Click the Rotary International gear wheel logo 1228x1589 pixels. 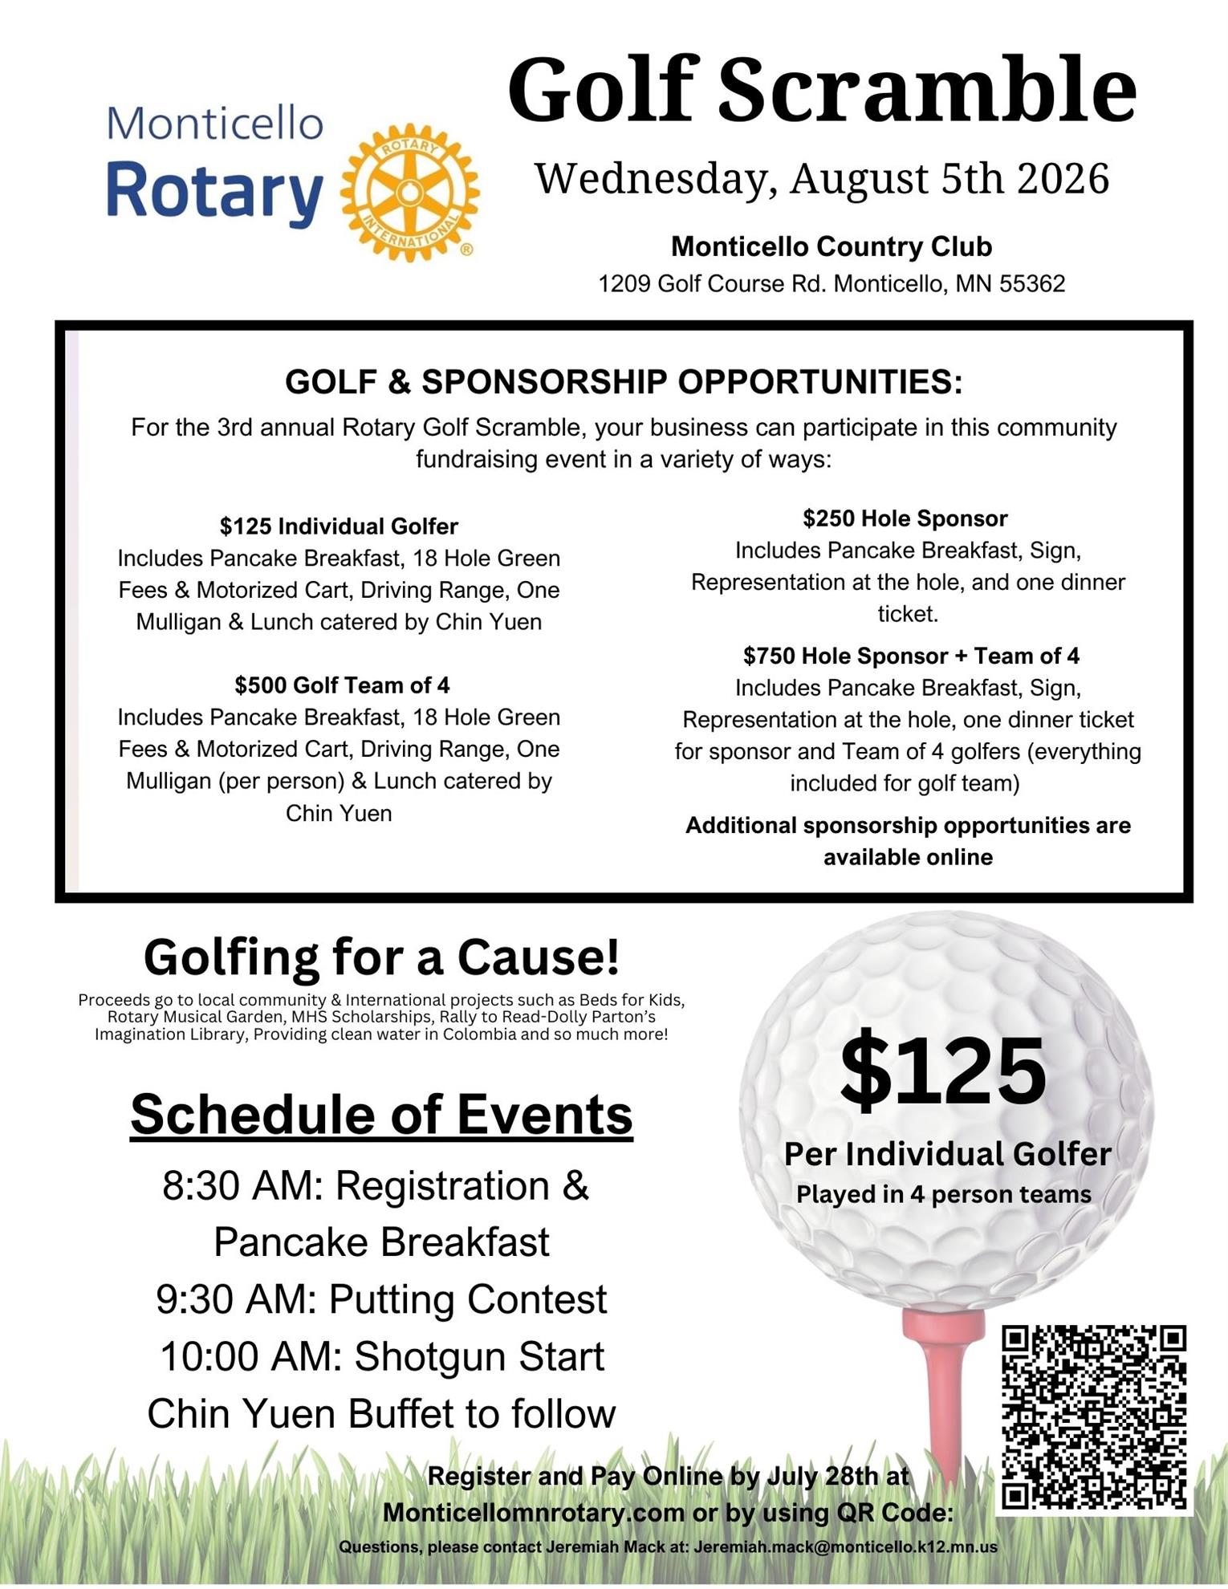pyautogui.click(x=410, y=192)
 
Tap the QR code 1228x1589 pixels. pyautogui.click(x=1095, y=1418)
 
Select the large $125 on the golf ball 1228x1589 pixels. pyautogui.click(x=943, y=1071)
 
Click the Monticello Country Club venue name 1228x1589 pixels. pyautogui.click(x=832, y=246)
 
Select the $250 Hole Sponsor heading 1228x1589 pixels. pyautogui.click(x=905, y=518)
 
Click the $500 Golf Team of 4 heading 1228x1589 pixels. pyautogui.click(x=342, y=685)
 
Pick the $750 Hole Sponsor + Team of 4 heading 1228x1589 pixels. pyautogui.click(x=911, y=656)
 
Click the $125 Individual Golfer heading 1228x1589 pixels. pyautogui.click(x=339, y=526)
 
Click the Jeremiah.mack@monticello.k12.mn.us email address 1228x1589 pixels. pyautogui.click(x=845, y=1546)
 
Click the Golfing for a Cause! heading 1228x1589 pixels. pyautogui.click(x=381, y=957)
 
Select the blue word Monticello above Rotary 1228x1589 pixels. pyautogui.click(x=215, y=124)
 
